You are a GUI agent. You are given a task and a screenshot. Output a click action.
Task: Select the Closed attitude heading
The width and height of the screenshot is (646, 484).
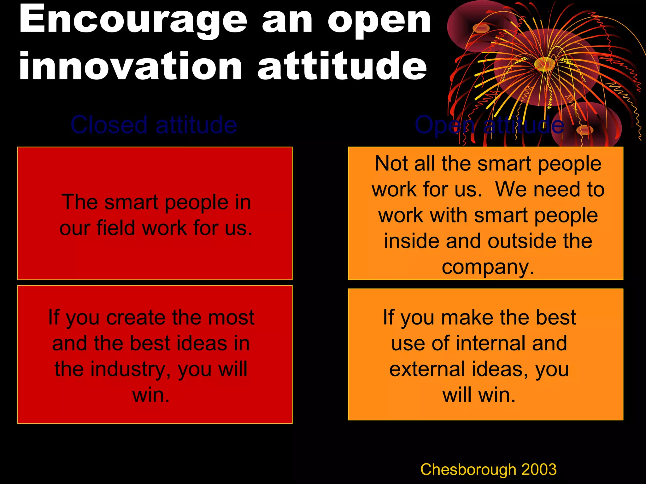[154, 125]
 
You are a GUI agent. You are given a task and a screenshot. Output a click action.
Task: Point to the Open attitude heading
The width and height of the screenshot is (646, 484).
[489, 125]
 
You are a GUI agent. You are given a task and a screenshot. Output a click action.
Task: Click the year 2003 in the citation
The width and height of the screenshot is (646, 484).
[539, 469]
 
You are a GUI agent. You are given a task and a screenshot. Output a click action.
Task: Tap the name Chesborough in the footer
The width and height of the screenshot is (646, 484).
[468, 469]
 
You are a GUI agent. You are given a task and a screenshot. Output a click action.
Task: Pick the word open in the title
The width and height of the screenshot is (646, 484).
[379, 21]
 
